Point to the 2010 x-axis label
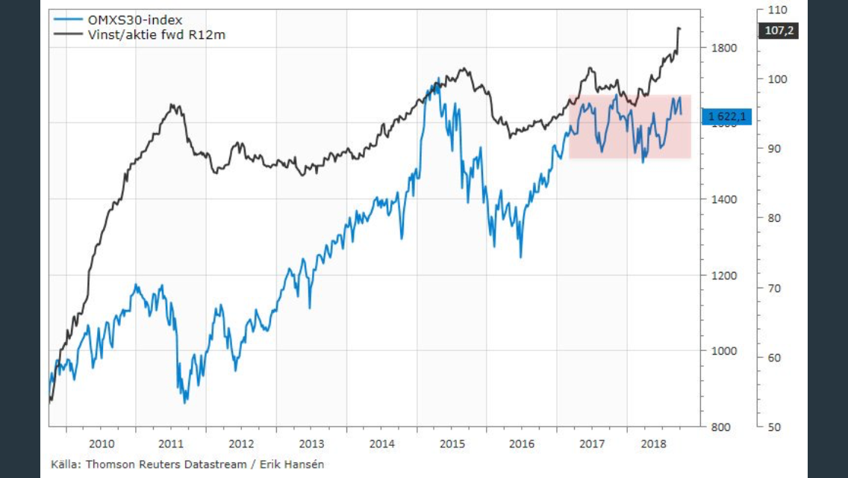[101, 444]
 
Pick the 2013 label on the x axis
[311, 444]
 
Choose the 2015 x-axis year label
[452, 444]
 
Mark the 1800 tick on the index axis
[723, 49]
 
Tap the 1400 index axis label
[723, 199]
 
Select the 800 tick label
[721, 427]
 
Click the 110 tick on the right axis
[778, 10]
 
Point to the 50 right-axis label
[775, 427]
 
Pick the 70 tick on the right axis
[775, 288]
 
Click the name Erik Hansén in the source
[291, 464]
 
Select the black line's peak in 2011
[173, 105]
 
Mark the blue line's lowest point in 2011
[185, 403]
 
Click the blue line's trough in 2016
[520, 257]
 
